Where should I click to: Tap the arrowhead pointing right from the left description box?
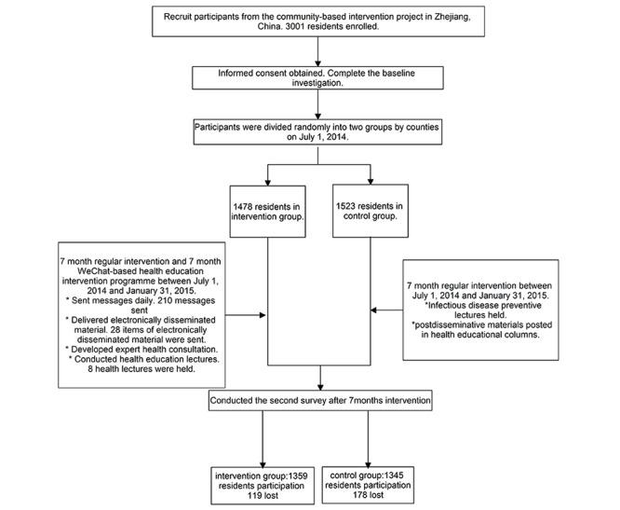coord(264,315)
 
